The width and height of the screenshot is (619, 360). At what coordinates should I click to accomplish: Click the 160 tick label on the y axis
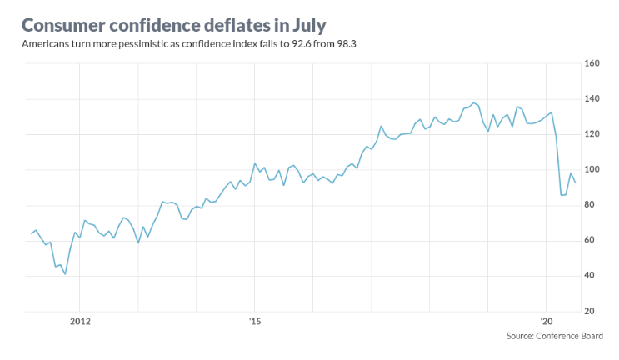click(x=592, y=63)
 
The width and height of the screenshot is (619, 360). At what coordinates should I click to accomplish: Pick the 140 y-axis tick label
click(x=592, y=99)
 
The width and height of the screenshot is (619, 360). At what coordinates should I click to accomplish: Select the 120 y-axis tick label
click(x=592, y=134)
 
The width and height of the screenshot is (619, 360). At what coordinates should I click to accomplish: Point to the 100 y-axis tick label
click(x=592, y=170)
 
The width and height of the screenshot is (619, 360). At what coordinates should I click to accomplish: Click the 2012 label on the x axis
click(x=80, y=321)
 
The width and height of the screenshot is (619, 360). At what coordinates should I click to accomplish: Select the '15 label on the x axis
click(x=255, y=321)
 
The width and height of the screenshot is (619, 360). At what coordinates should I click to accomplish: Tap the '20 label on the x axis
click(x=547, y=321)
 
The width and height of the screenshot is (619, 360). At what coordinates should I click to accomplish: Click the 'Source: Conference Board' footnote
click(x=554, y=336)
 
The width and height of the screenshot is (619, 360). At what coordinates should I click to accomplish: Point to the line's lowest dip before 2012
click(x=65, y=274)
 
